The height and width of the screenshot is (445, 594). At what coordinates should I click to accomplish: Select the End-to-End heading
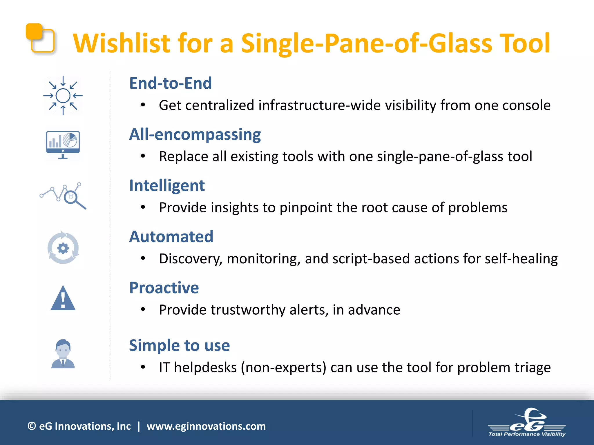tap(170, 83)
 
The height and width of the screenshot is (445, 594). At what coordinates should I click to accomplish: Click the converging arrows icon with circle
tap(63, 96)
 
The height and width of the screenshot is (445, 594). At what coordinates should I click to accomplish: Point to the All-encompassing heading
tap(195, 134)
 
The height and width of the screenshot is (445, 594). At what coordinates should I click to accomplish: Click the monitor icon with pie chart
tap(63, 144)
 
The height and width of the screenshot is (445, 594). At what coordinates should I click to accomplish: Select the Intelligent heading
tap(167, 185)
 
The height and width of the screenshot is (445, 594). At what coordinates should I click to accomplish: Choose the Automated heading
tap(171, 237)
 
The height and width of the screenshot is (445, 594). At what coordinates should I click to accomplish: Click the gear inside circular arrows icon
tap(63, 248)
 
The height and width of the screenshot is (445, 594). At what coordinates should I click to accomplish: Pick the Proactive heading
tap(164, 288)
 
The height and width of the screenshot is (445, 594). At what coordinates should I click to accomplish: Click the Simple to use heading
tap(179, 345)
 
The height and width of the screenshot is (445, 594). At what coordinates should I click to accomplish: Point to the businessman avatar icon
tap(63, 354)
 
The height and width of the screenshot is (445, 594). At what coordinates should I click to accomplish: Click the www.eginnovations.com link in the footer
tap(206, 426)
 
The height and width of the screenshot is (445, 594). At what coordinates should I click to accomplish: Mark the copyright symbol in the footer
tap(32, 426)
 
